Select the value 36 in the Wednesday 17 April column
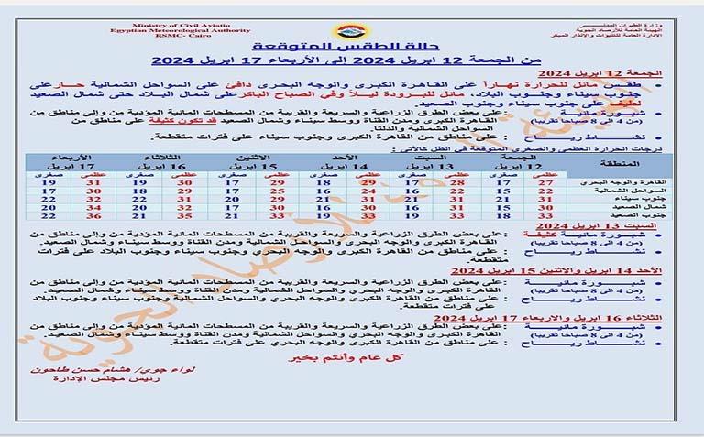[x=93, y=215]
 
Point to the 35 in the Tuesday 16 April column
[x=184, y=215]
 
